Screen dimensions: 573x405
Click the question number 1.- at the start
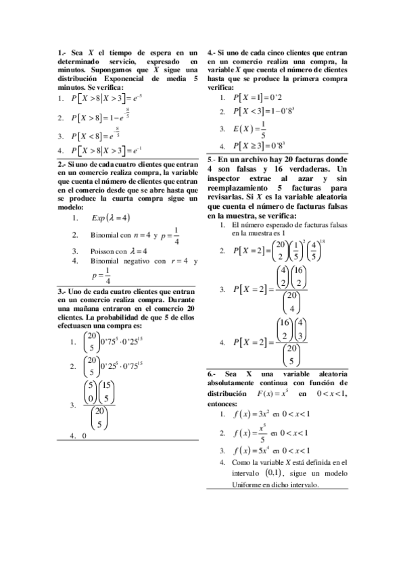(x=62, y=52)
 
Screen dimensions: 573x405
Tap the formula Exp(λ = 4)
(x=110, y=218)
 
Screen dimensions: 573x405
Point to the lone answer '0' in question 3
(x=84, y=436)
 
